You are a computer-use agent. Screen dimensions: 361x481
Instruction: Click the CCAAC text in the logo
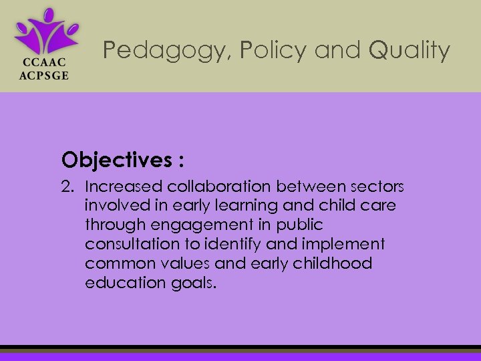pyautogui.click(x=42, y=63)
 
